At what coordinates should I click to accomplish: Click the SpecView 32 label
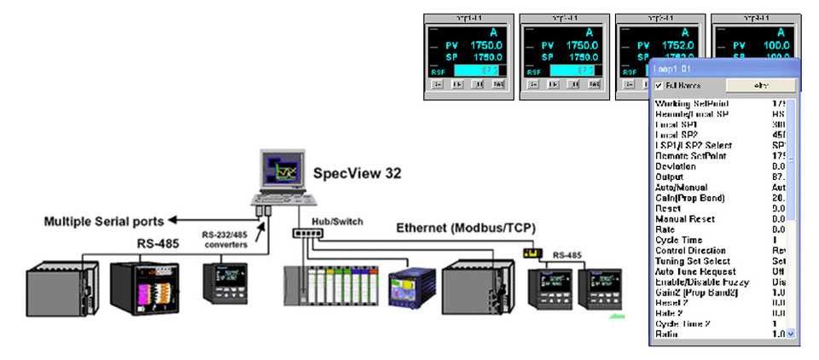357,173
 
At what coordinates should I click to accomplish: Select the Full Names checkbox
659,86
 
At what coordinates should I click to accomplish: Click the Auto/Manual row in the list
683,187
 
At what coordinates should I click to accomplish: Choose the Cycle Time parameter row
677,241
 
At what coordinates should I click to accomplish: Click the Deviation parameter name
675,166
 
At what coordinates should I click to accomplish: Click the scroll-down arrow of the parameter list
791,334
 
